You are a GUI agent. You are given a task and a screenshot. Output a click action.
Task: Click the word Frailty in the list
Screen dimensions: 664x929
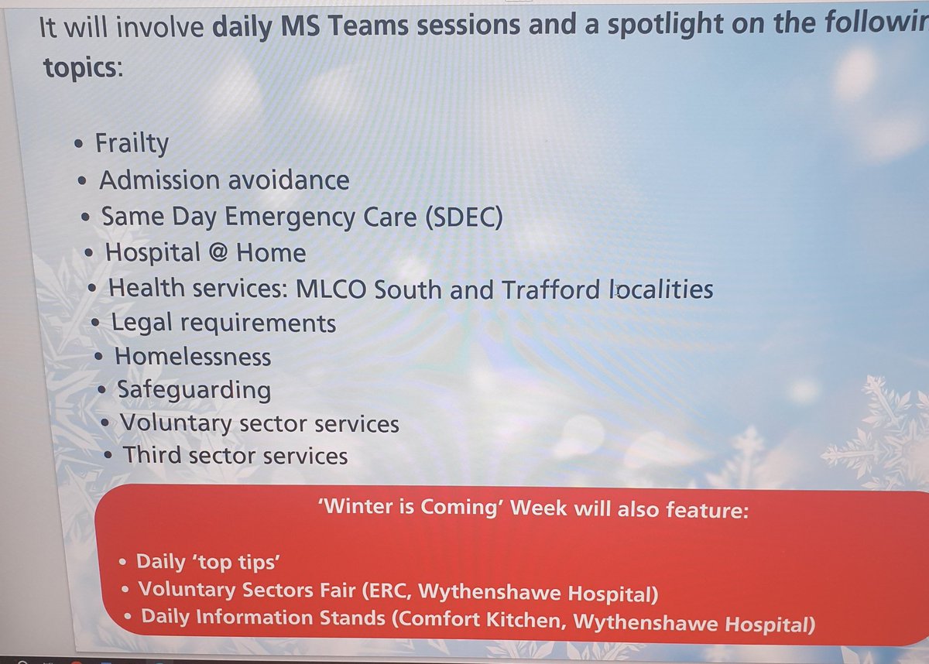pos(132,144)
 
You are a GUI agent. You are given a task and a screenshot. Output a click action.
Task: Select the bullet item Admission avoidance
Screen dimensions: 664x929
pos(224,180)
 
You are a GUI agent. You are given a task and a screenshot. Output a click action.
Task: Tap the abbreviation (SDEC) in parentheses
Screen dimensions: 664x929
pos(462,217)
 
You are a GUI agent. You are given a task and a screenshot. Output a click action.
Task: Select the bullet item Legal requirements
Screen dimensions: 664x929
pos(224,323)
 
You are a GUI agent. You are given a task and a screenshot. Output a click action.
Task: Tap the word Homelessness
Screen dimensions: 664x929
pos(193,357)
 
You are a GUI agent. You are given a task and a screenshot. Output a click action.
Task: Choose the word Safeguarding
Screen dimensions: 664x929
pos(194,390)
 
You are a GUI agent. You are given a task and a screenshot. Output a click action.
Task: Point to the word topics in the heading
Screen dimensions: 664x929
pos(79,67)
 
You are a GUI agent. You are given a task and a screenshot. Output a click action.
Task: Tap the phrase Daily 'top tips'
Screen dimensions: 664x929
pos(197,561)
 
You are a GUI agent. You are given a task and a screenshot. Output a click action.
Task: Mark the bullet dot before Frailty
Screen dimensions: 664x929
pos(81,145)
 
